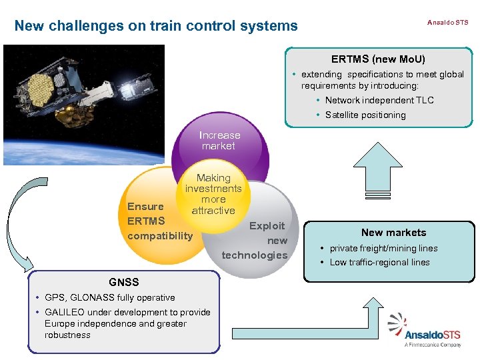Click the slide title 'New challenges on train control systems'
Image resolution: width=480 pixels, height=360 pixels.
coord(156,26)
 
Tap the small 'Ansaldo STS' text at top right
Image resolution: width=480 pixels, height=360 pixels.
coord(447,22)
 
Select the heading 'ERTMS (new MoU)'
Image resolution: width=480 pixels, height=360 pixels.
coord(378,59)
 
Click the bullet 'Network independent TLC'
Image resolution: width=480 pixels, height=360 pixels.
coord(379,100)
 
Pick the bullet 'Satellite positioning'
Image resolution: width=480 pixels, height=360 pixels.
coord(365,115)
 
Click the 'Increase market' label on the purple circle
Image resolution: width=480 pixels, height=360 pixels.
coord(219,140)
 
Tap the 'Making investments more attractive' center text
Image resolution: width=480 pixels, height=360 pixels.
coord(213,194)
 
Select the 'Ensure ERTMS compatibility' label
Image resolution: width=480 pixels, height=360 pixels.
coord(159,221)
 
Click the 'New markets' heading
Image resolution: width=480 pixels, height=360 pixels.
coord(393,233)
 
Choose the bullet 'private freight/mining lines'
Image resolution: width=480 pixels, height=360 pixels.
coord(383,248)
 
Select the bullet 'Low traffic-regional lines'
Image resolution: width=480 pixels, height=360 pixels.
coord(379,262)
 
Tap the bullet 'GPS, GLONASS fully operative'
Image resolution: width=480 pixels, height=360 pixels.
coord(109,297)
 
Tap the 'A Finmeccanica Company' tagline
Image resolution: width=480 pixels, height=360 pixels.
coord(433,345)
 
